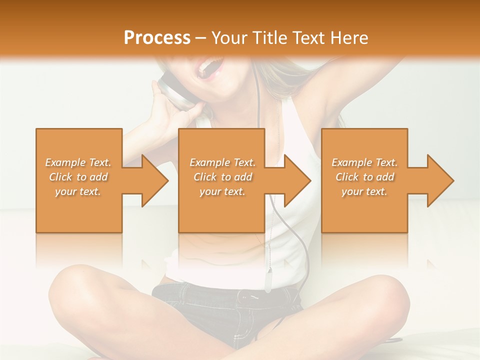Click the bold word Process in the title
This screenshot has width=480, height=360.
[x=157, y=38]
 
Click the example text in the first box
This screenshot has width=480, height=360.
[x=78, y=177]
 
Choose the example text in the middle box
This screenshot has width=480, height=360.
[x=222, y=177]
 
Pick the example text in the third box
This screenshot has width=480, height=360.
[x=364, y=177]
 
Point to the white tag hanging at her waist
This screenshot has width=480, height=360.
[x=268, y=280]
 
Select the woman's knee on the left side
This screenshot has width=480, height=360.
[x=75, y=280]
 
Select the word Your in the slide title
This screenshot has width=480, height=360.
[x=227, y=38]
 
